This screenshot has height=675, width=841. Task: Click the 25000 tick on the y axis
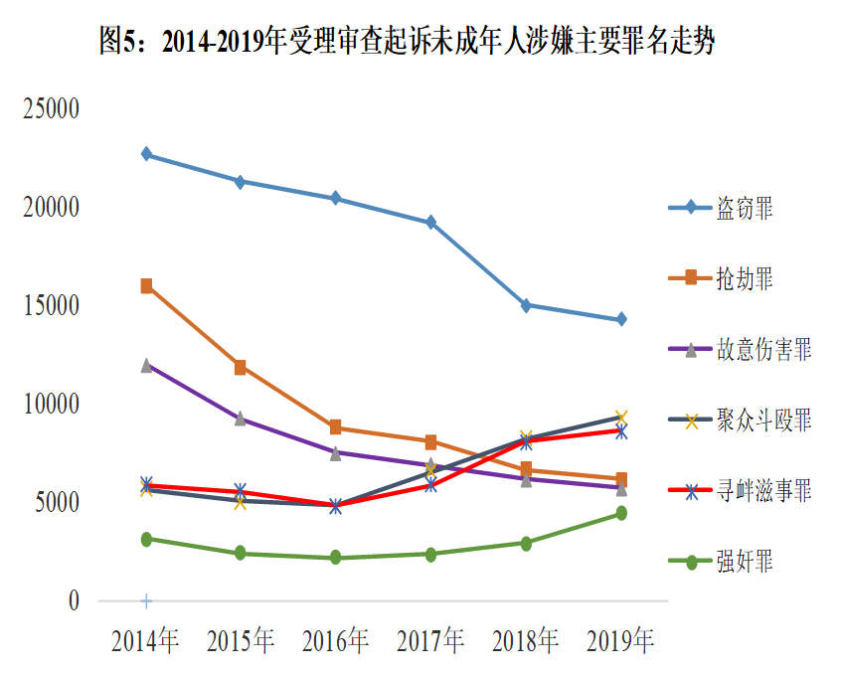pos(51,109)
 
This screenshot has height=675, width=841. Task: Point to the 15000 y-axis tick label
pos(51,306)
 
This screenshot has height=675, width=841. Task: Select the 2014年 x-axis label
pos(145,642)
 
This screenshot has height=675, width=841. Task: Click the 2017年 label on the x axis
pos(430,642)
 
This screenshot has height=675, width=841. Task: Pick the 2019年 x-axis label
pos(620,642)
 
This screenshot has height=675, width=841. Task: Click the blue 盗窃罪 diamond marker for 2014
pos(146,154)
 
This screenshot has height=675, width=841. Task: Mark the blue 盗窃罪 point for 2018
pos(526,305)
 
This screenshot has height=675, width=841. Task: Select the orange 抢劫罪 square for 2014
pos(146,286)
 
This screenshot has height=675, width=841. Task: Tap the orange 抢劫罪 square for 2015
pos(241,368)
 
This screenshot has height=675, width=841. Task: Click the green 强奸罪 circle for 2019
pos(621,513)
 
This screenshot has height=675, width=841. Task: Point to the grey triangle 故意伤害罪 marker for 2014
pos(146,365)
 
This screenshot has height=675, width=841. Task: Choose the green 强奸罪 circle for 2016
pos(336,558)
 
